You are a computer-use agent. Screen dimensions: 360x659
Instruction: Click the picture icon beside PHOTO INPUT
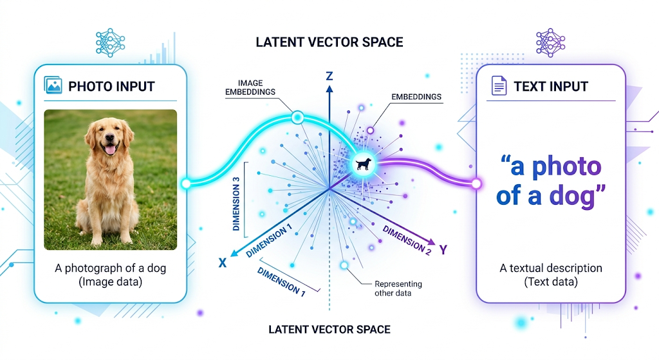tap(53, 86)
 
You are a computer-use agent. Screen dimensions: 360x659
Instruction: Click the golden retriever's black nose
tap(110, 140)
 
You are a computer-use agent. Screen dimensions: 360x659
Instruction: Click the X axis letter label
tap(223, 263)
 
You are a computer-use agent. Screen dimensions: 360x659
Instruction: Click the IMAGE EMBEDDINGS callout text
tap(250, 88)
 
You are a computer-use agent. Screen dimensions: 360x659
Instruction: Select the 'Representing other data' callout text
tap(398, 289)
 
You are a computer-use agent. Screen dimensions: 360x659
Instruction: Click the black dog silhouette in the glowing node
tap(363, 164)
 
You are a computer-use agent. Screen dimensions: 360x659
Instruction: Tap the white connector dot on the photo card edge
tap(186, 184)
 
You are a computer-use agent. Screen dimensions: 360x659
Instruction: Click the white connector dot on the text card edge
tap(476, 184)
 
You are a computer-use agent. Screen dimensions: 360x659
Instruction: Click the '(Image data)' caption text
tap(110, 281)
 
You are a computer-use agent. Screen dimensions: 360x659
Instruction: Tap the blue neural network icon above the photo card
tap(109, 43)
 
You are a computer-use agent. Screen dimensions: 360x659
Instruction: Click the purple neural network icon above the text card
tap(549, 43)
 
